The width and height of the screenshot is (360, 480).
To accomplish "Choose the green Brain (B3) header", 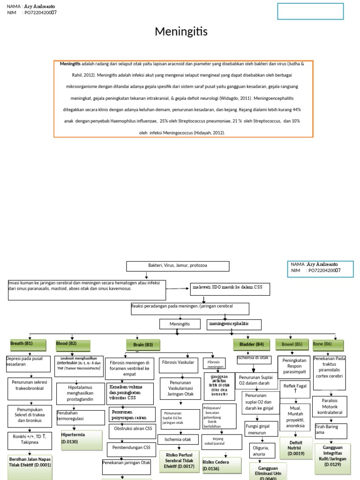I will point(143,345).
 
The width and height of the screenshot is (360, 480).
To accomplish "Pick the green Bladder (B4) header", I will point(251,345).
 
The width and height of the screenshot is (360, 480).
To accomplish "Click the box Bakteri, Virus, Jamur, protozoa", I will point(178,266).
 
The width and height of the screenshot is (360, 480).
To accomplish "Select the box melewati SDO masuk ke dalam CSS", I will point(230,289).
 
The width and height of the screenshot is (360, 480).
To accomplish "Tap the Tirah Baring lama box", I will point(330,429).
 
